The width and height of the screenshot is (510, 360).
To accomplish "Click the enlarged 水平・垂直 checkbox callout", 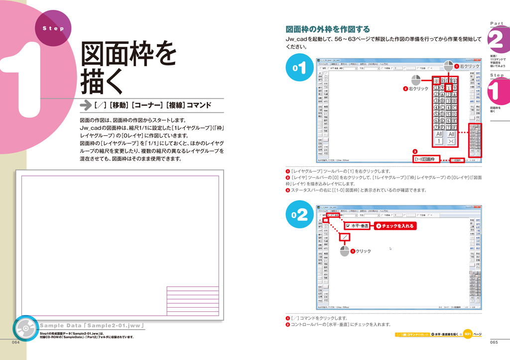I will [x=357, y=226].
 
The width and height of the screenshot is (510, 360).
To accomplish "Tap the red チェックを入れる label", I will [x=394, y=226].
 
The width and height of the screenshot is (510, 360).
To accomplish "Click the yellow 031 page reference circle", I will [x=467, y=334].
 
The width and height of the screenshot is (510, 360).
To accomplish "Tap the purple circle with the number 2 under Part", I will [x=496, y=40].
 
